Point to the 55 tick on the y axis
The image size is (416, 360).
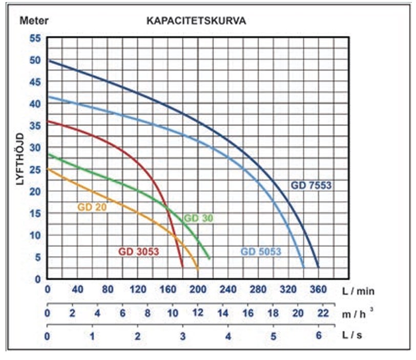point(35,38)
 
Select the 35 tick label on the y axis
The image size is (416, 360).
point(35,125)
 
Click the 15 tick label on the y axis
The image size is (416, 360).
point(35,213)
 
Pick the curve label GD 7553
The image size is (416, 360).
point(313,185)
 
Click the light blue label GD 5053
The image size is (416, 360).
point(262,251)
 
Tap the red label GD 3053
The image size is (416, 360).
point(139,251)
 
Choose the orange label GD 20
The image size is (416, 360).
point(92,207)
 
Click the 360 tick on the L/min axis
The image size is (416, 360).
point(318,290)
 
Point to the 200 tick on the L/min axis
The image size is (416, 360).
point(198,290)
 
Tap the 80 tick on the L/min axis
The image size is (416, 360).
point(108,290)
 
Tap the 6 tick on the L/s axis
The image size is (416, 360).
point(318,336)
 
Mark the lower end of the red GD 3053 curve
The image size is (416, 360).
point(182,266)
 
